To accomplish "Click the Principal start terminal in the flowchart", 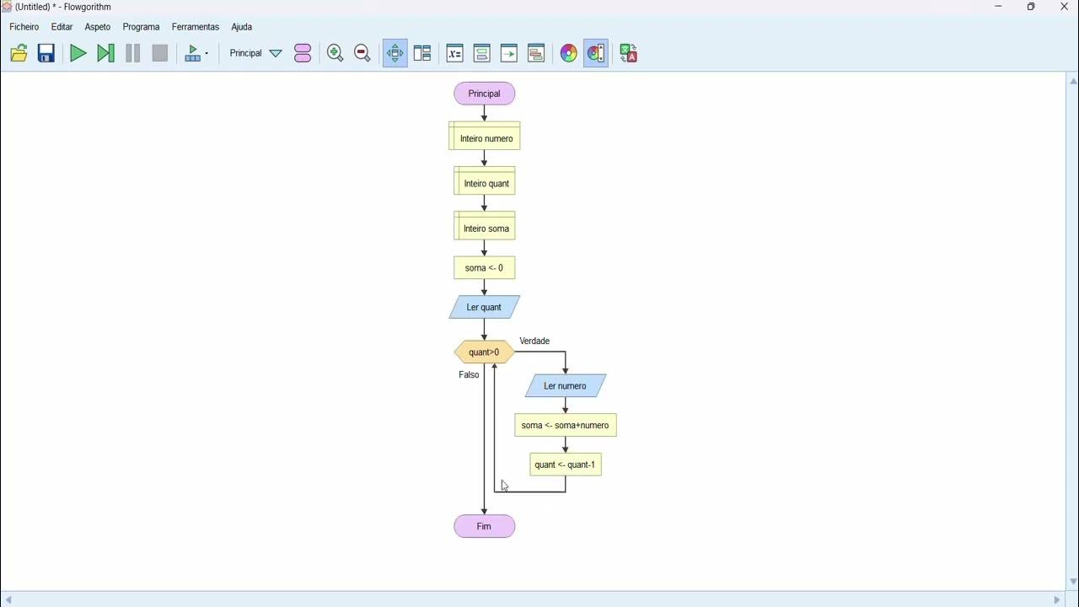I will (484, 94).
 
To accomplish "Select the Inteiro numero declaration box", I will (485, 137).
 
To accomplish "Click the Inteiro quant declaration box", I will (485, 182).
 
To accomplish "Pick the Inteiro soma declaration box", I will (485, 227).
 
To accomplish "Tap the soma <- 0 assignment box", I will (484, 268).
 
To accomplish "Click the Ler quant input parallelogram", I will (484, 307).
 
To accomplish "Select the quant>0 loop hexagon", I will (484, 352).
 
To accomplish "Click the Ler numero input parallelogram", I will (565, 386).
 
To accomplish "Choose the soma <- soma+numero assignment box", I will (565, 425).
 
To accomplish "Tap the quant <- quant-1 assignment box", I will (565, 465).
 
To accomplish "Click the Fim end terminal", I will (484, 526).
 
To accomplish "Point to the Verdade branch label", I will (534, 341).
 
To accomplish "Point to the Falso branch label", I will (469, 374).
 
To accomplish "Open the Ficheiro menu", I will (24, 27).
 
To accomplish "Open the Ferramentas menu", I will (195, 27).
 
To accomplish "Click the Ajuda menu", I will (241, 27).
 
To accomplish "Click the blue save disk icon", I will (46, 53).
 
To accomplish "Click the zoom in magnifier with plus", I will (335, 53).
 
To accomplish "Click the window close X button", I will (1064, 7).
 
